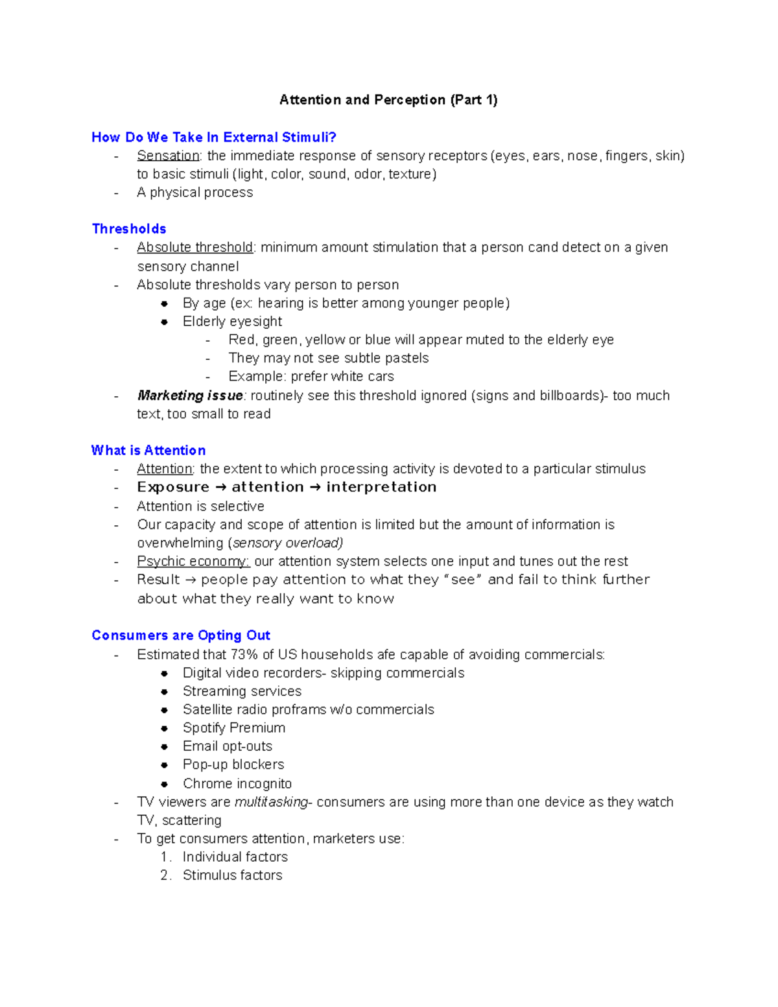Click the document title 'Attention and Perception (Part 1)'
pyautogui.click(x=388, y=100)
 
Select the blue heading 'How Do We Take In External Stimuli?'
pyautogui.click(x=214, y=137)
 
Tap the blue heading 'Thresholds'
pyautogui.click(x=129, y=229)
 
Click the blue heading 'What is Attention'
pyautogui.click(x=148, y=451)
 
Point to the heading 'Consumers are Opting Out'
pyautogui.click(x=181, y=635)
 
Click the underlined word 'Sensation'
pyautogui.click(x=168, y=156)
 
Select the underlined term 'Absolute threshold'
pyautogui.click(x=194, y=248)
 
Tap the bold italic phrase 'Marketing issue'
pyautogui.click(x=190, y=396)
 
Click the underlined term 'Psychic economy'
pyautogui.click(x=193, y=562)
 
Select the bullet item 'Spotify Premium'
pyautogui.click(x=233, y=728)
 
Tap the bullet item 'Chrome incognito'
pyautogui.click(x=237, y=784)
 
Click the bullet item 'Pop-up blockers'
pyautogui.click(x=233, y=764)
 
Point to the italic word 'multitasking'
pyautogui.click(x=271, y=802)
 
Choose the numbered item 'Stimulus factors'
pyautogui.click(x=232, y=875)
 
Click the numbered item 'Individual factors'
pyautogui.click(x=235, y=857)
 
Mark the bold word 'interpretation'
pyautogui.click(x=381, y=488)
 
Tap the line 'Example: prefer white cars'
pyautogui.click(x=311, y=377)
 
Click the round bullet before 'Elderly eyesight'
pyautogui.click(x=165, y=322)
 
